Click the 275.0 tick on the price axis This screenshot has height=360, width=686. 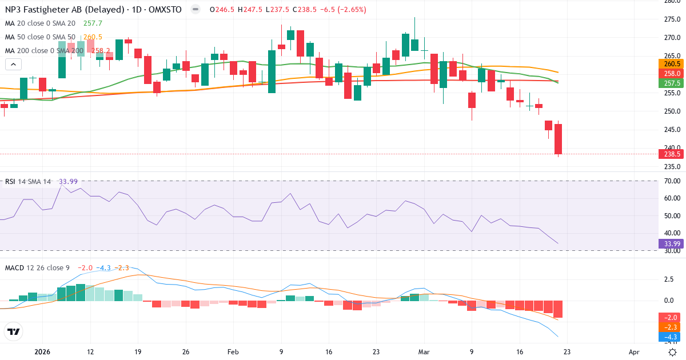click(x=672, y=19)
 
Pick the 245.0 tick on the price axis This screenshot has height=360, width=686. click(x=672, y=130)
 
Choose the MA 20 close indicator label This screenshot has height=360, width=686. click(x=40, y=23)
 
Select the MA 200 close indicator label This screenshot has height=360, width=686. click(x=45, y=51)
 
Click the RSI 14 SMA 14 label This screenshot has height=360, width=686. click(x=28, y=182)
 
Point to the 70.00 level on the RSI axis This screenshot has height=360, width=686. click(x=672, y=181)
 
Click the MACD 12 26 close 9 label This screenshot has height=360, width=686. click(x=38, y=268)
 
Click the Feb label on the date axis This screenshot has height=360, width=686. click(x=233, y=353)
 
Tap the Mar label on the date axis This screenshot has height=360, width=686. click(x=424, y=353)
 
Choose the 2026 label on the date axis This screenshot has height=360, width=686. click(x=43, y=353)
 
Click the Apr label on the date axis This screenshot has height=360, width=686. click(x=633, y=353)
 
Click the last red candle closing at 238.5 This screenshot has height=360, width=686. click(x=559, y=139)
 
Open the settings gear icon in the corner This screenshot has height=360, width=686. click(x=673, y=352)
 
